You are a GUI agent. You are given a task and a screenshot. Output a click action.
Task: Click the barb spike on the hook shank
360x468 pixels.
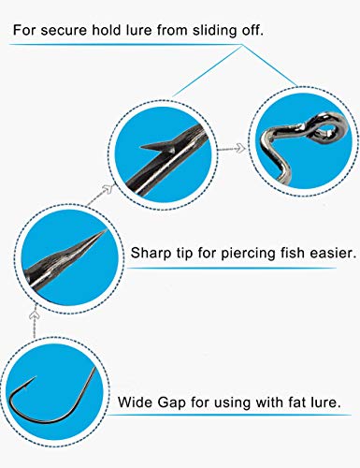point(157,146)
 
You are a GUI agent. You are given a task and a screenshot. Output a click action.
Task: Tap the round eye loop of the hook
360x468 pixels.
point(329,128)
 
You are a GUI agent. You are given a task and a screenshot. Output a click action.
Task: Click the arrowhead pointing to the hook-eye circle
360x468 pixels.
point(241,148)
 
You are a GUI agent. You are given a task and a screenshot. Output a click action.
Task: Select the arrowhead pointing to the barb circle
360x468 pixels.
point(108,189)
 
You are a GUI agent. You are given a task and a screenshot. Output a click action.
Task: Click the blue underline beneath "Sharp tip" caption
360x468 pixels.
point(232,268)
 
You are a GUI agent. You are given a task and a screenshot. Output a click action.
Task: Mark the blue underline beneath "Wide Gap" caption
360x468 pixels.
point(229,415)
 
